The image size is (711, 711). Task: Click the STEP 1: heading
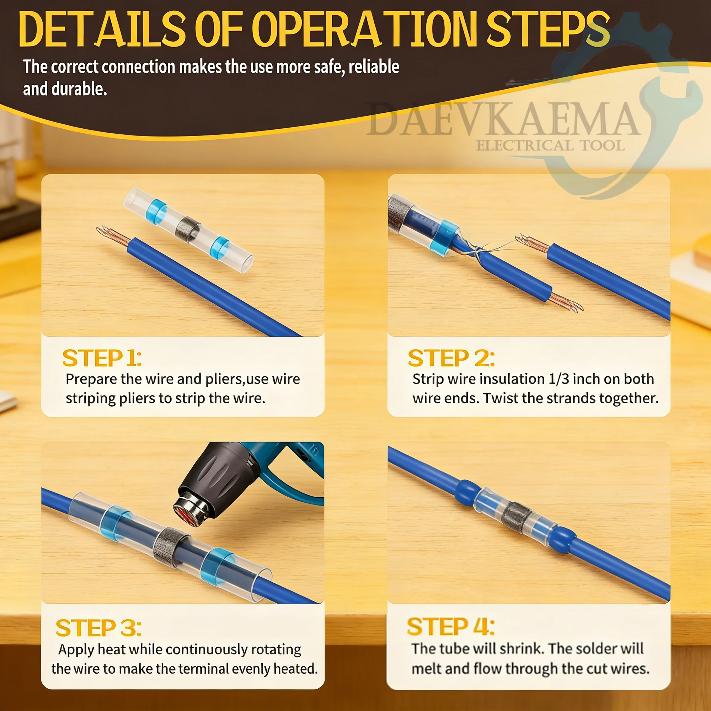102,358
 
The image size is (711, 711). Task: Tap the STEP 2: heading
451,358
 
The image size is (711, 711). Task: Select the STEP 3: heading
98,628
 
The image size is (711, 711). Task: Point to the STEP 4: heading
451,627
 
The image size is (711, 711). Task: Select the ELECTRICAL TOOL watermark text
550,146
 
